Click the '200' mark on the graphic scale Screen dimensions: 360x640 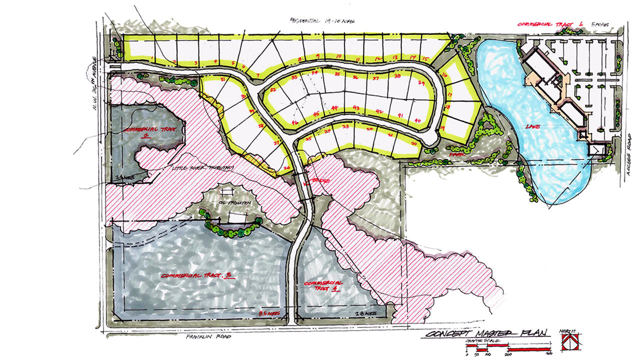point(508,353)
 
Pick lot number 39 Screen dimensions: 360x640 point(421,83)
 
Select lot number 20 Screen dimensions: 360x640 point(413,143)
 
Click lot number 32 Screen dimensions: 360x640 point(273,90)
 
